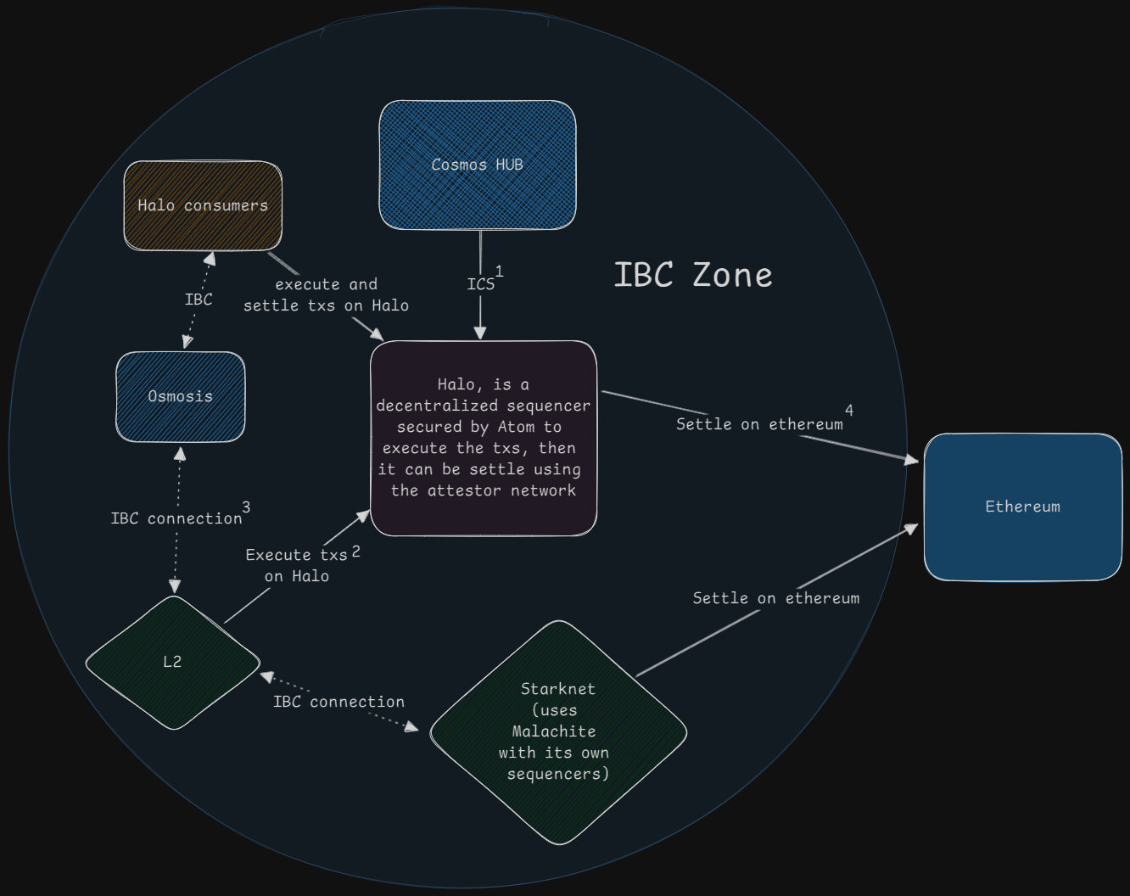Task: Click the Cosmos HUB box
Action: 477,165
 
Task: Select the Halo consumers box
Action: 203,205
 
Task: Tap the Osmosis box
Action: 180,396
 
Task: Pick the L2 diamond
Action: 172,662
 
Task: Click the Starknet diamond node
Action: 558,731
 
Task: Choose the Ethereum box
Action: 1022,507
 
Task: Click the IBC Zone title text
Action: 692,275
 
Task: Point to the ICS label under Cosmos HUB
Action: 480,284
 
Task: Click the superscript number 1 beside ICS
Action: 499,272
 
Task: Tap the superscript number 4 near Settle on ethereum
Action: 849,411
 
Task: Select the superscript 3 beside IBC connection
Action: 246,507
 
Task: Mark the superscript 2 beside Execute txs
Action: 356,552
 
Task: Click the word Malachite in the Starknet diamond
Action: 554,731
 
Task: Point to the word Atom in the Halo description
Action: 517,427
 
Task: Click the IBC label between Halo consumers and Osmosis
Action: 199,300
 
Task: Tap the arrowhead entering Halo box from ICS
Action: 480,333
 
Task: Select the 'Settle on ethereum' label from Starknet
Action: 775,598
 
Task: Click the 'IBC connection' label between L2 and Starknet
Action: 338,702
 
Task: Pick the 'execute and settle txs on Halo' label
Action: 326,294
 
